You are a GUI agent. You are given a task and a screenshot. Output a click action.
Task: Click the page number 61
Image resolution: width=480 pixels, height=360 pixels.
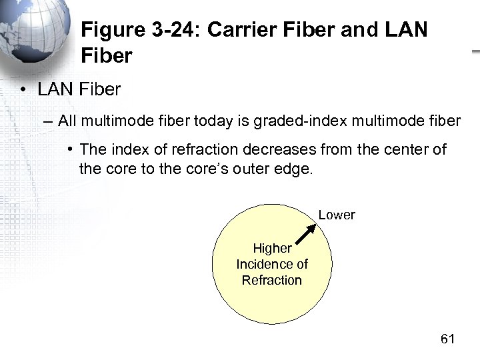(x=447, y=339)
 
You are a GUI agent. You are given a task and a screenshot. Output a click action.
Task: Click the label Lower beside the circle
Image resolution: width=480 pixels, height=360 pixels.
(x=337, y=215)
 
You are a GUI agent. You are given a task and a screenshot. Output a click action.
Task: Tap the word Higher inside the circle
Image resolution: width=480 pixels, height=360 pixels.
(x=272, y=248)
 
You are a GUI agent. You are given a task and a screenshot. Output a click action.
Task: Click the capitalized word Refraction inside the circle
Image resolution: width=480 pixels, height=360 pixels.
(x=272, y=280)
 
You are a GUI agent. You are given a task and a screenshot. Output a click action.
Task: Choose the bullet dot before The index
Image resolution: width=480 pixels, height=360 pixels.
(x=69, y=150)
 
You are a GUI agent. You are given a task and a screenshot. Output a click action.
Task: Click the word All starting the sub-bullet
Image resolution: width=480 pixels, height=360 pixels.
(x=67, y=121)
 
